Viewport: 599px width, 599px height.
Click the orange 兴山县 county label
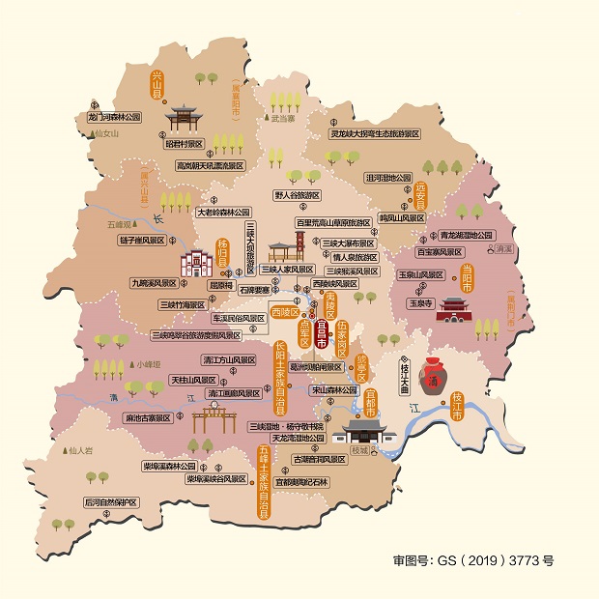pos(157,85)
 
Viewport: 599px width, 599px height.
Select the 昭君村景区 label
pos(185,143)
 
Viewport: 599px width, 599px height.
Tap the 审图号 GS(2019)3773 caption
pos(472,559)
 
